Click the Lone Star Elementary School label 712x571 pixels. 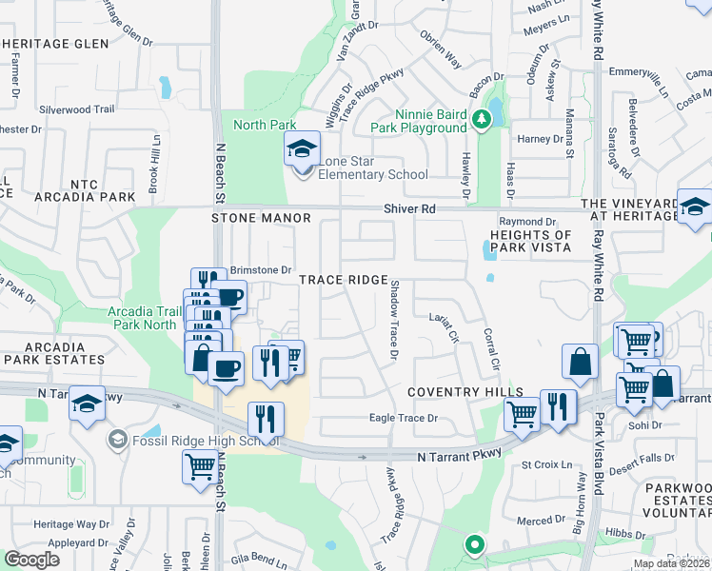[x=373, y=168]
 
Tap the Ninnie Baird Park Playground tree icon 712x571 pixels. [x=483, y=119]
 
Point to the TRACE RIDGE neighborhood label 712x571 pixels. [x=344, y=280]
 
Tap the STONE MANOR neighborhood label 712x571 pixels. [x=262, y=218]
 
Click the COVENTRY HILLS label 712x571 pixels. [x=465, y=392]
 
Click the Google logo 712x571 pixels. [x=32, y=560]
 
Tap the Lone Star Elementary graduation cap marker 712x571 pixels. [x=303, y=150]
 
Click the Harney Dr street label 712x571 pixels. [x=541, y=139]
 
